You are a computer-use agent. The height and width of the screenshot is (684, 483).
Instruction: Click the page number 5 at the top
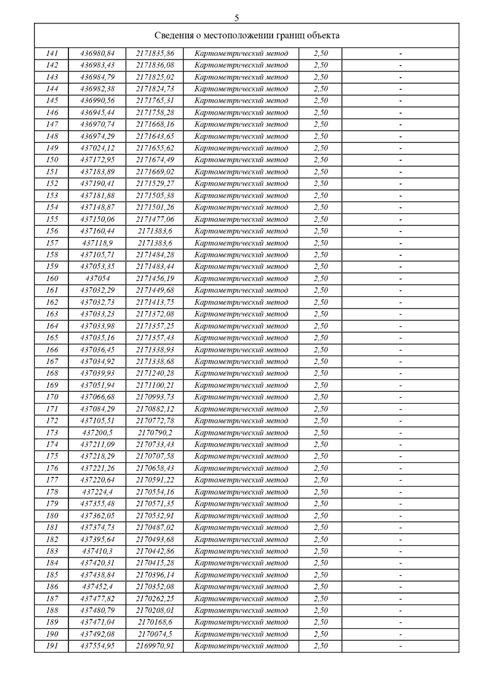[237, 18]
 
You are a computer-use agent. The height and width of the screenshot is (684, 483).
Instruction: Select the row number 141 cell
[52, 54]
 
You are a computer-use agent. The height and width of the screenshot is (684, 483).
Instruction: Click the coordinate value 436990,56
[97, 101]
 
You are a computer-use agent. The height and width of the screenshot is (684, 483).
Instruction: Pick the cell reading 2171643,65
[155, 136]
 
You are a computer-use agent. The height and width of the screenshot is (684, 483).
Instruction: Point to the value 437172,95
[97, 160]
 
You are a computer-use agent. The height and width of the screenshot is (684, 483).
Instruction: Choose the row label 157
[52, 243]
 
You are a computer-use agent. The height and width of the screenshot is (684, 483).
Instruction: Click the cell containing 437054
[97, 278]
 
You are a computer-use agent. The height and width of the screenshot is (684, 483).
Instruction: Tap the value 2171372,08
[155, 314]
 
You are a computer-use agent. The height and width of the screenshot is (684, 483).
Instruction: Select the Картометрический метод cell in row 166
[241, 350]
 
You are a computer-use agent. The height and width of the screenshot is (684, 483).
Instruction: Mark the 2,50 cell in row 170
[321, 397]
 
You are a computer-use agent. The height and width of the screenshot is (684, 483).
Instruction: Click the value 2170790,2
[155, 433]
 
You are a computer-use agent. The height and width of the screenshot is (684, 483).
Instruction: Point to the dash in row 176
[400, 468]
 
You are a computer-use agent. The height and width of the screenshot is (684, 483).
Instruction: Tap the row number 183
[52, 551]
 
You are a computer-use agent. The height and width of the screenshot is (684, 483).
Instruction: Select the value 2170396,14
[155, 575]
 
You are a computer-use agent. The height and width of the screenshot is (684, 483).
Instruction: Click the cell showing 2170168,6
[155, 622]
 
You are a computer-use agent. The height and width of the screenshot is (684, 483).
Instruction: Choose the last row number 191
[52, 646]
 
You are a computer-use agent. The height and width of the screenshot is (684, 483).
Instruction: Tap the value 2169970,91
[155, 646]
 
